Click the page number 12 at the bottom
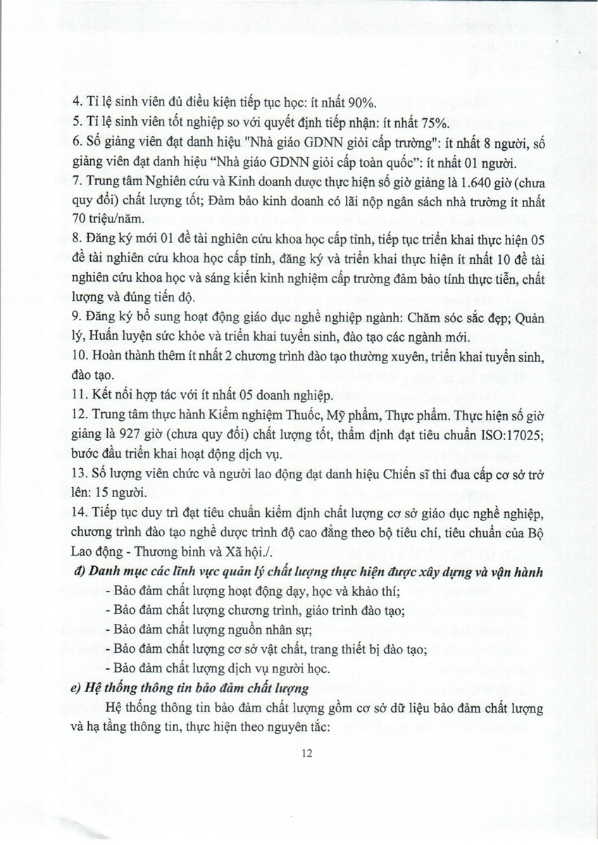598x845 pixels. [x=306, y=754]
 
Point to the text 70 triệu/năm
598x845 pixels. [x=106, y=219]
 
